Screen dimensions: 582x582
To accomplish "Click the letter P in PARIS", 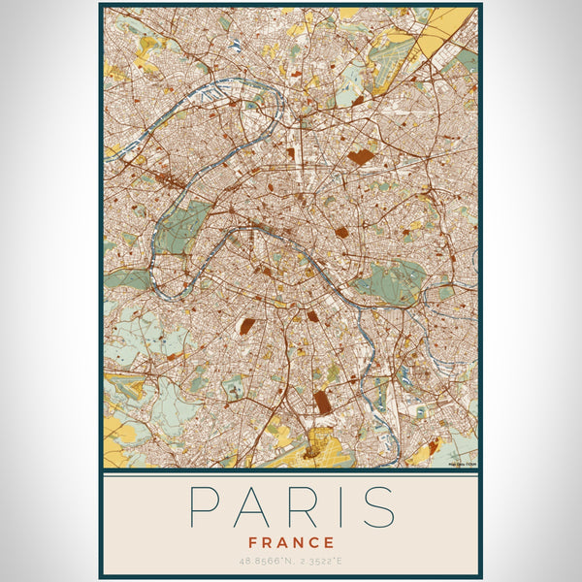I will (x=205, y=506).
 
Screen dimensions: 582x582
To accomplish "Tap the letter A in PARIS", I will (x=252, y=506).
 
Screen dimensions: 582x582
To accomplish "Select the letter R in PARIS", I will (x=301, y=506).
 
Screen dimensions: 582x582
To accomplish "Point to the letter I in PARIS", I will (x=337, y=506).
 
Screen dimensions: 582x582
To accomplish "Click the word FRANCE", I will (x=291, y=542).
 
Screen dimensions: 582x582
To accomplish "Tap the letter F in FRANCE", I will (x=253, y=542).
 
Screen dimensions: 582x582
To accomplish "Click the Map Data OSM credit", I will (x=460, y=464).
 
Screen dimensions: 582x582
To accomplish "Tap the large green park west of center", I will (x=181, y=226).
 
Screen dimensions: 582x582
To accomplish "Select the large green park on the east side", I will (x=392, y=282).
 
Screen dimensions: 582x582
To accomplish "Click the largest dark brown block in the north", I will (x=361, y=155).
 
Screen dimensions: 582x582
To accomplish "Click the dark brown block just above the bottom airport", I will (x=322, y=402).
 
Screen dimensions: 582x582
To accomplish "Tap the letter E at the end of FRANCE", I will (x=330, y=542).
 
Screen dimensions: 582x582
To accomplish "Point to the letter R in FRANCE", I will (x=267, y=542).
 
